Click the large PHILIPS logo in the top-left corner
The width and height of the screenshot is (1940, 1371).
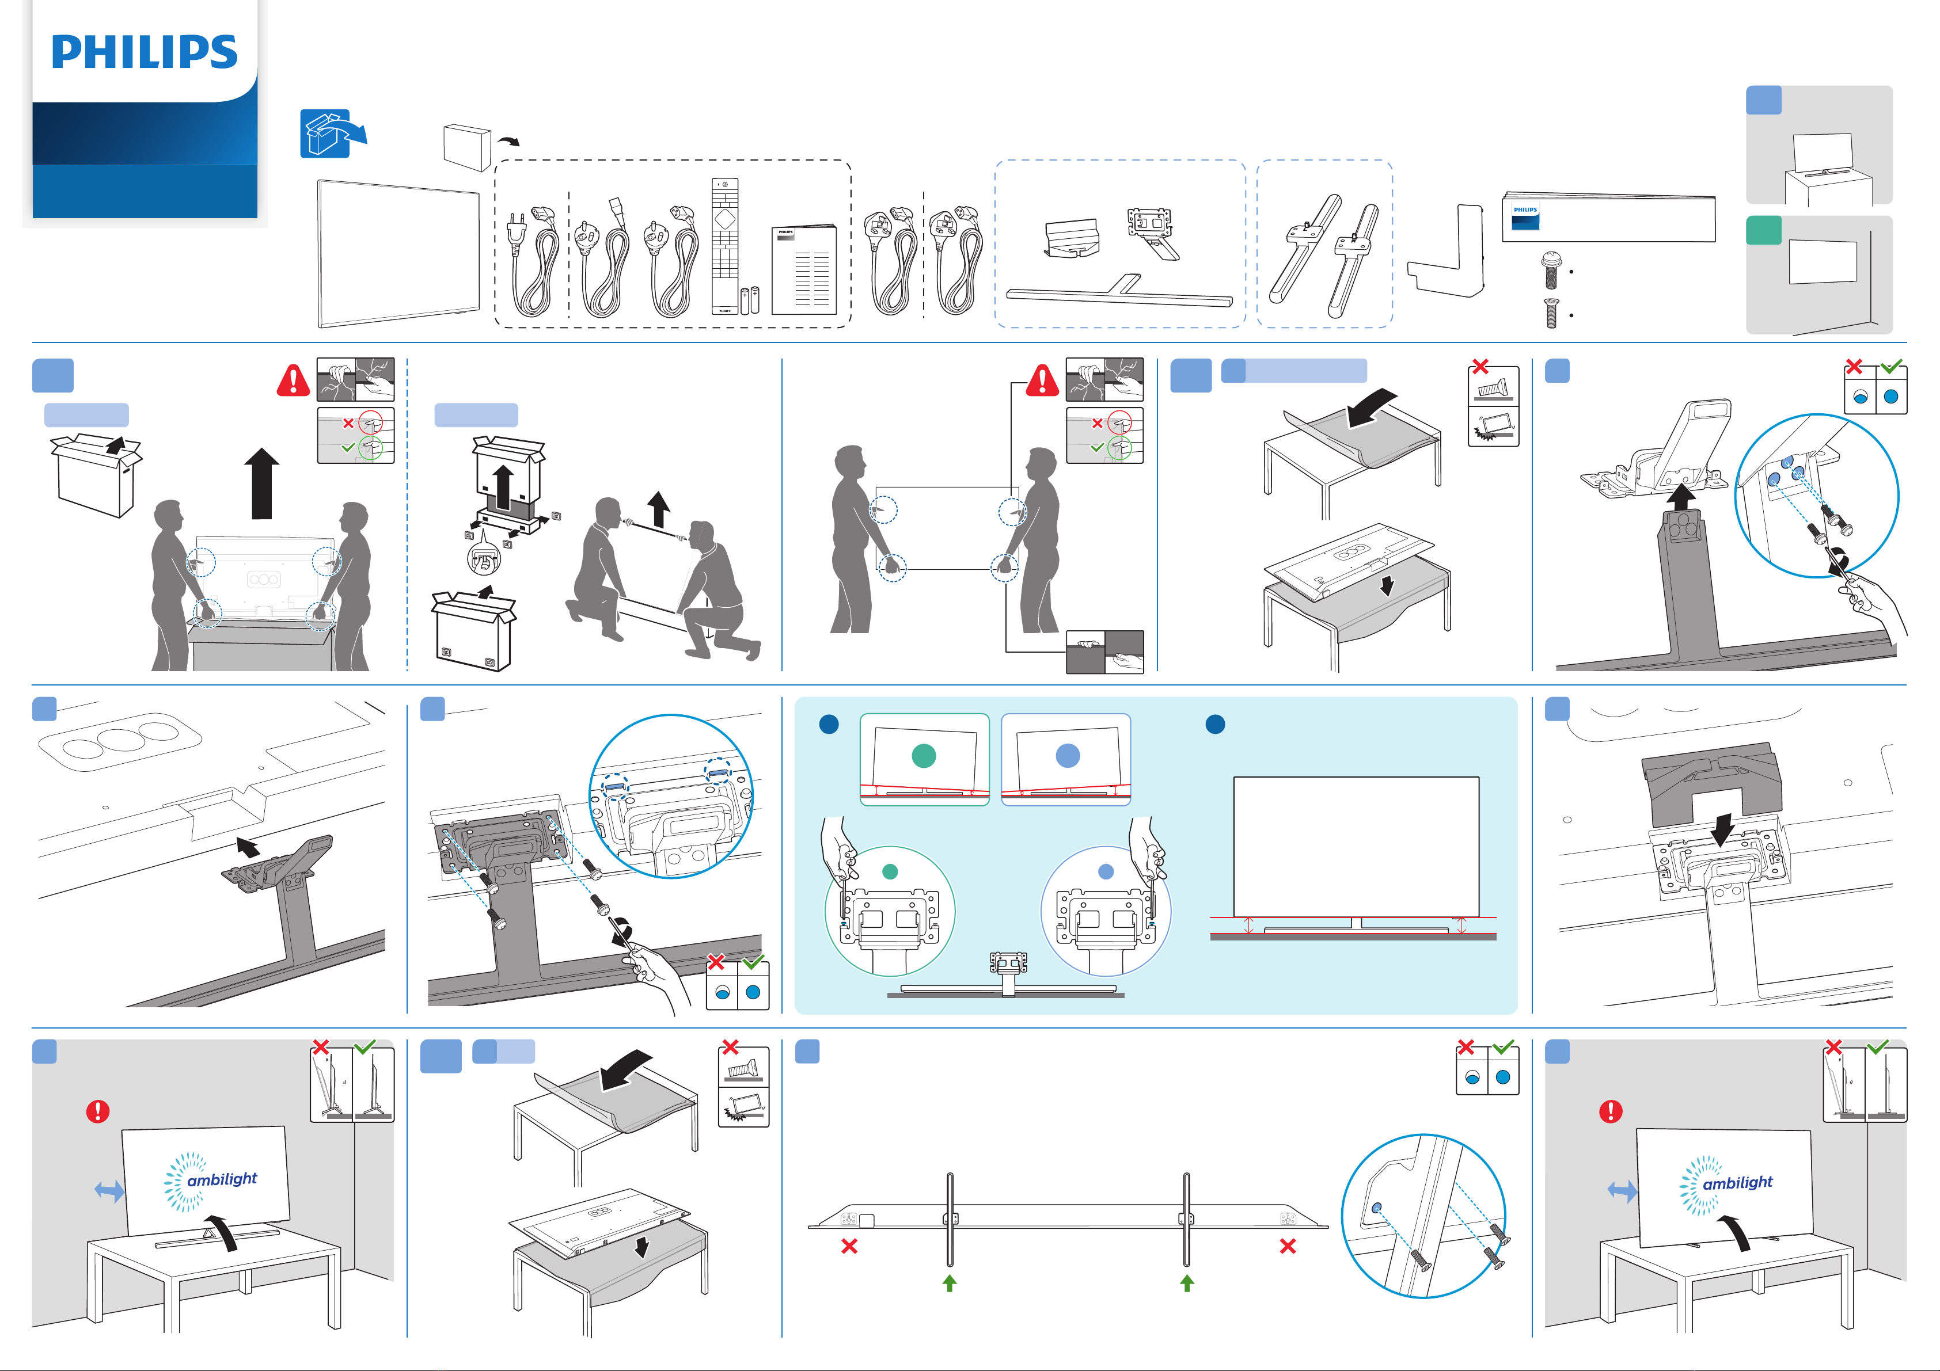(145, 52)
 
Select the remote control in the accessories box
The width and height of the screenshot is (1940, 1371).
(725, 245)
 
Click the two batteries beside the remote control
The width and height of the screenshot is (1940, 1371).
(750, 300)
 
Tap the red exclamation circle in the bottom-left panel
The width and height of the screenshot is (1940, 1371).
(98, 1111)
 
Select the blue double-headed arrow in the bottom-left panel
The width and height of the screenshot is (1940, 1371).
(109, 1191)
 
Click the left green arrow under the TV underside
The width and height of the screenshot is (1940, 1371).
(950, 1282)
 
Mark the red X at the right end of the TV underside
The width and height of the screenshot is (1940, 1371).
(1288, 1246)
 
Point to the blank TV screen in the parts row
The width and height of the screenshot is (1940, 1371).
(398, 253)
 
